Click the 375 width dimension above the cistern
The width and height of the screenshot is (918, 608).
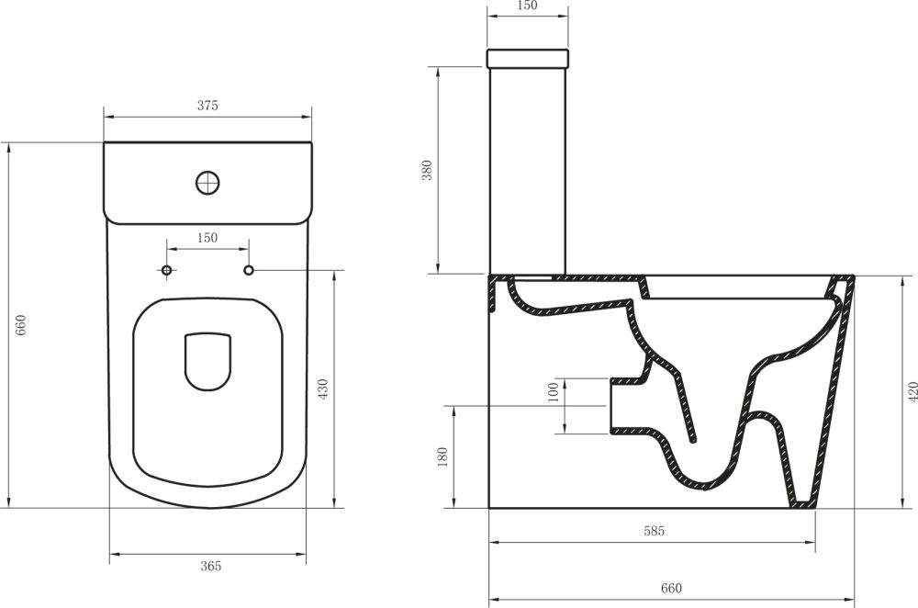207,106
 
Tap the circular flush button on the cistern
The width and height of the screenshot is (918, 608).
208,182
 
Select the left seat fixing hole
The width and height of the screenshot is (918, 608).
166,270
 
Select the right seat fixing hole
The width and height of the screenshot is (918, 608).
249,270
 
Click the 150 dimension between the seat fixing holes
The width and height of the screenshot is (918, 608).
207,238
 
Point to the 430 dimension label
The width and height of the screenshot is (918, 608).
322,389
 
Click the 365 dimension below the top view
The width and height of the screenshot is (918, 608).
210,567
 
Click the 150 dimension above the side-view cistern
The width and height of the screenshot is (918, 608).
526,6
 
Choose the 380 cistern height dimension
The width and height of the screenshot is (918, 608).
427,171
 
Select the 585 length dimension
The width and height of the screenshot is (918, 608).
653,531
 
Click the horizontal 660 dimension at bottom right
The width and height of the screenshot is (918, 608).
671,588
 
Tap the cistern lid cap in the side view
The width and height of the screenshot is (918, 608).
527,59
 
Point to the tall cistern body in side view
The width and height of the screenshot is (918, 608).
527,171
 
